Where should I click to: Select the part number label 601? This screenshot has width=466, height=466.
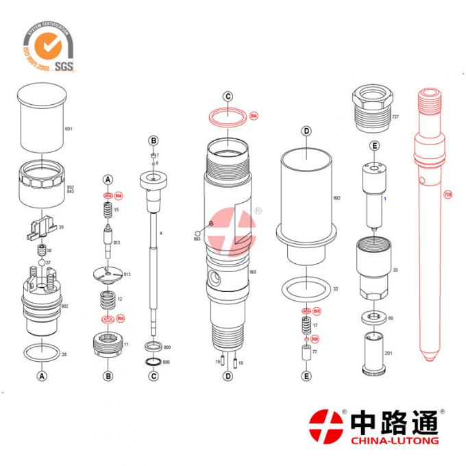[69, 129]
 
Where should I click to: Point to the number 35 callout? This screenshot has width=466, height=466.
[61, 227]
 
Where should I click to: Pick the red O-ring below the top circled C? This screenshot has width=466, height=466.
[229, 116]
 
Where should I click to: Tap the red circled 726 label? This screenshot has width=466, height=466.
[447, 195]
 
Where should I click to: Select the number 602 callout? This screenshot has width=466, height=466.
[336, 198]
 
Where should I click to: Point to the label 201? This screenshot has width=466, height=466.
[388, 353]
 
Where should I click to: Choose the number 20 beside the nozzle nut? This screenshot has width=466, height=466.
[395, 271]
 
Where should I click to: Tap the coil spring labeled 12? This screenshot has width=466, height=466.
[108, 299]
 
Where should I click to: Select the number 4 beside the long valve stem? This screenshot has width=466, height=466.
[160, 234]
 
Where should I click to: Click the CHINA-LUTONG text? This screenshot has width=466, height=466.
[393, 440]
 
